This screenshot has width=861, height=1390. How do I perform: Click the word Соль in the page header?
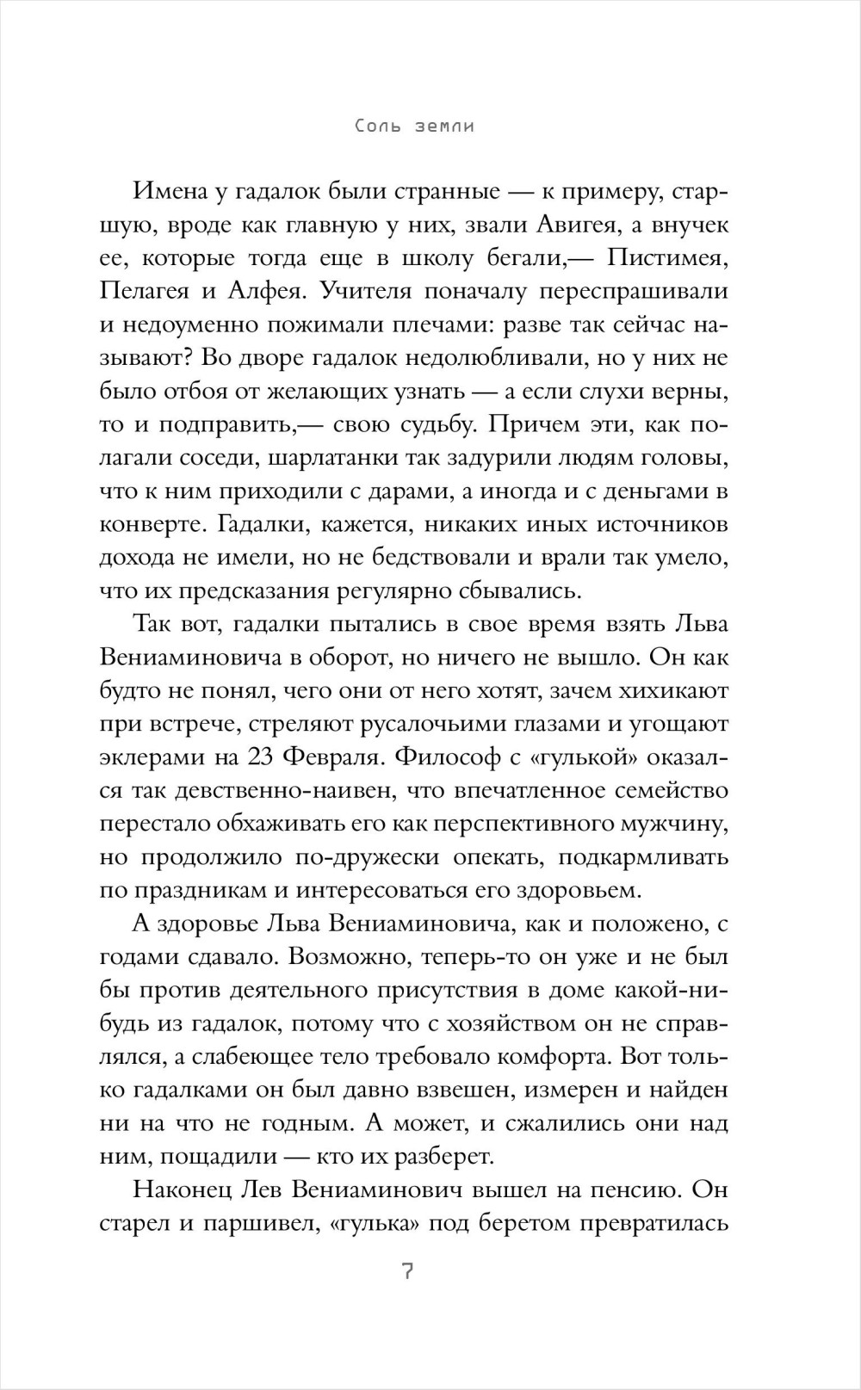tap(380, 127)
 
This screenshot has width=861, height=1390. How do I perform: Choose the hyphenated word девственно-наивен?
tap(282, 790)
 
